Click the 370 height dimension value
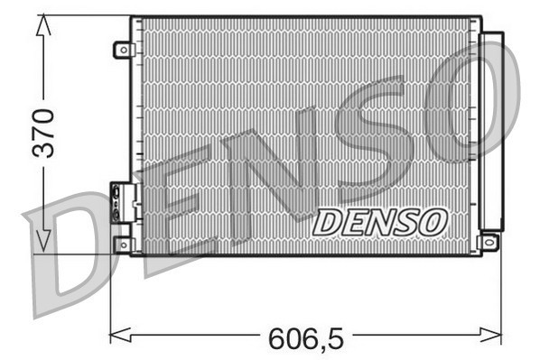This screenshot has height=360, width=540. click(42, 133)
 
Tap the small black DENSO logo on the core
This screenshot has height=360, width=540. click(379, 221)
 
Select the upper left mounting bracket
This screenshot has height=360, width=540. click(123, 50)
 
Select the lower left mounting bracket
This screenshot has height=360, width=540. click(123, 244)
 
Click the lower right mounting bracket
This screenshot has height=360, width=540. click(489, 242)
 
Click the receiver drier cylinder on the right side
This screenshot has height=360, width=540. click(491, 131)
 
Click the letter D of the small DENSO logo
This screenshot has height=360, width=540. click(326, 221)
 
